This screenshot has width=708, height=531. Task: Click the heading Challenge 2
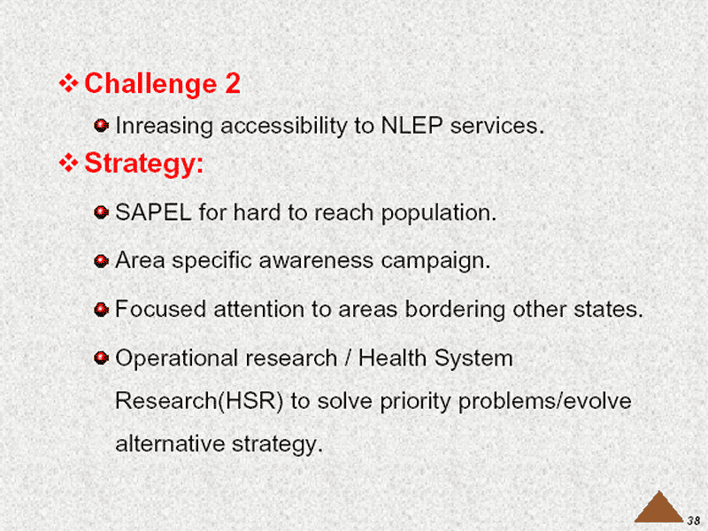pyautogui.click(x=162, y=83)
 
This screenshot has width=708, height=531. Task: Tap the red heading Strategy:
pyautogui.click(x=144, y=164)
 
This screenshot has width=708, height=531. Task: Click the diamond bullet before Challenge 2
pyautogui.click(x=68, y=83)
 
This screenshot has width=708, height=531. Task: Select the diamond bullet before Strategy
pyautogui.click(x=68, y=163)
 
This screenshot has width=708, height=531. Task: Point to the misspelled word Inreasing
pyautogui.click(x=164, y=126)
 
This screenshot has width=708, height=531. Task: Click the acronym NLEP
pyautogui.click(x=412, y=125)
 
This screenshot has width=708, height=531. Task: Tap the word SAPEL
pyautogui.click(x=153, y=212)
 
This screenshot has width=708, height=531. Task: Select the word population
pyautogui.click(x=438, y=213)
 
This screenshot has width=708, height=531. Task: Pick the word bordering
pyautogui.click(x=455, y=310)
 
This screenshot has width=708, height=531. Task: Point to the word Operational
pyautogui.click(x=176, y=358)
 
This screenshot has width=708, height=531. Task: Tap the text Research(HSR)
pyautogui.click(x=199, y=401)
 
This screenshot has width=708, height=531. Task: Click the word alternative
pyautogui.click(x=170, y=443)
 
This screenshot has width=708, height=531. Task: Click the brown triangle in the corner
pyautogui.click(x=659, y=507)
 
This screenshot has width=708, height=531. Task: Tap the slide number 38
pyautogui.click(x=694, y=520)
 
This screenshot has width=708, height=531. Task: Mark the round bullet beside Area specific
pyautogui.click(x=101, y=261)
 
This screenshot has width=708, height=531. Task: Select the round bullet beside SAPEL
pyautogui.click(x=101, y=212)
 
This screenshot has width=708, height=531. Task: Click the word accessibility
pyautogui.click(x=283, y=126)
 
